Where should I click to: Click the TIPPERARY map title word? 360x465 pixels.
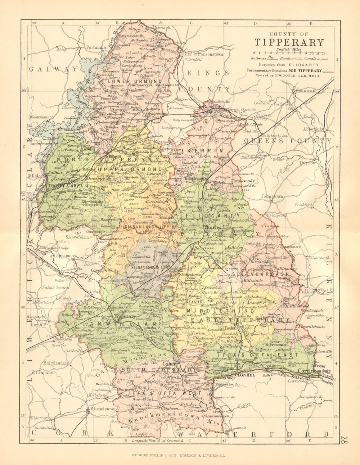[x=289, y=42]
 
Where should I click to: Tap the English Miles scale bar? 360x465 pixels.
[x=297, y=53]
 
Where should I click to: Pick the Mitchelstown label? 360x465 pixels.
[x=103, y=409]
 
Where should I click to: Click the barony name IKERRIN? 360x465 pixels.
[x=202, y=150]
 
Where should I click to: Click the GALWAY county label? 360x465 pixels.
[x=54, y=69]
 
